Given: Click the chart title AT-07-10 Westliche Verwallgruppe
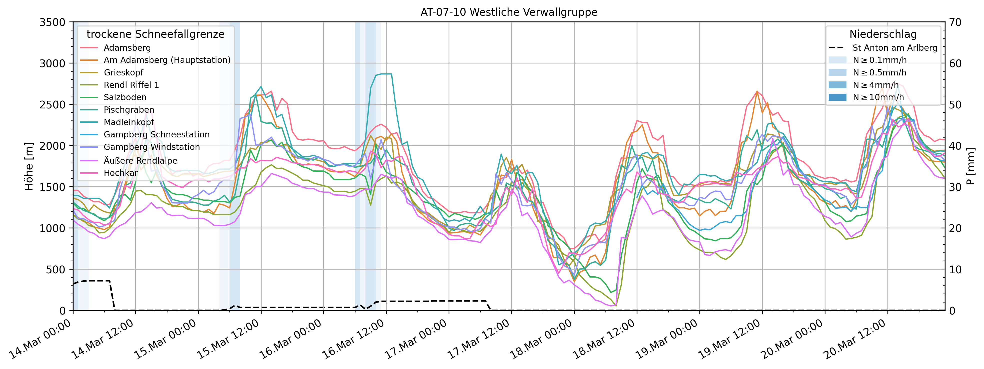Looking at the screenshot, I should pyautogui.click(x=509, y=12).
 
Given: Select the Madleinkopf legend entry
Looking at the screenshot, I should pyautogui.click(x=129, y=122).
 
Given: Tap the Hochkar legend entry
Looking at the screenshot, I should pyautogui.click(x=121, y=173).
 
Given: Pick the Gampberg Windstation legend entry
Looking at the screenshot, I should pyautogui.click(x=152, y=147).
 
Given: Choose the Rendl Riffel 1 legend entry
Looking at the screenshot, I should pyautogui.click(x=131, y=85).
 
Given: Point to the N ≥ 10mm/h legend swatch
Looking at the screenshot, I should pyautogui.click(x=837, y=97).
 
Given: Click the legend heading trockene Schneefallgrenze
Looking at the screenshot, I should pyautogui.click(x=156, y=34).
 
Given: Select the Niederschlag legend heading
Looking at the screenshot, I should pyautogui.click(x=883, y=34).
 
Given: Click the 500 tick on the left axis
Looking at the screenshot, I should pyautogui.click(x=57, y=269).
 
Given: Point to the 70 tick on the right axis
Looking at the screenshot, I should pyautogui.click(x=955, y=22).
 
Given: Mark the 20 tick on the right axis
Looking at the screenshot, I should pyautogui.click(x=955, y=228).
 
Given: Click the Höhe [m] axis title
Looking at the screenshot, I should pyautogui.click(x=29, y=166).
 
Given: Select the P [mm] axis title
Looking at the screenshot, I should pyautogui.click(x=971, y=166).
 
